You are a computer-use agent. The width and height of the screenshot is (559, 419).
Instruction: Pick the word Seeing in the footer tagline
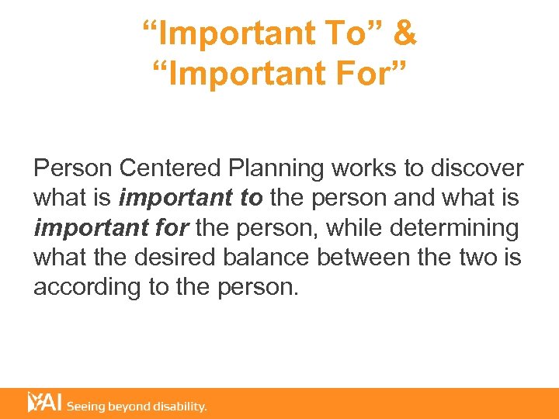[x=87, y=407]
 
